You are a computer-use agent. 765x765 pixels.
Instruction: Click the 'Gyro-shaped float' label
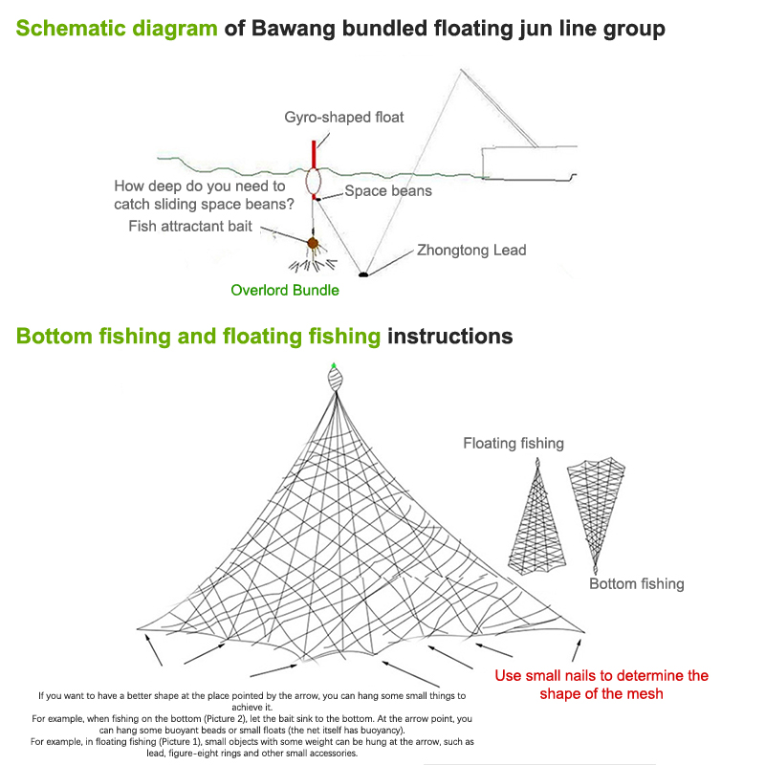(344, 118)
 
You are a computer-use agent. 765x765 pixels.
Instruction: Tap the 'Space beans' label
(387, 191)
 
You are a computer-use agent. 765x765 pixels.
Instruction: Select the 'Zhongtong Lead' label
(471, 251)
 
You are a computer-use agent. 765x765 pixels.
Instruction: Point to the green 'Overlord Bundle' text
(285, 290)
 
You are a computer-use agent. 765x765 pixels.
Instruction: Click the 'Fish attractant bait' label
(190, 227)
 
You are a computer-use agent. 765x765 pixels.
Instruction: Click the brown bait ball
(312, 245)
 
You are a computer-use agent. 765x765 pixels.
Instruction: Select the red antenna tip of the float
(313, 153)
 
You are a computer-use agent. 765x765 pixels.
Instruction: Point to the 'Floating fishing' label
(514, 443)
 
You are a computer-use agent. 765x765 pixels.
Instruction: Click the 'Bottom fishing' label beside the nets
(636, 583)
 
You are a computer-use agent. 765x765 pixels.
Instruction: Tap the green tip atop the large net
(334, 366)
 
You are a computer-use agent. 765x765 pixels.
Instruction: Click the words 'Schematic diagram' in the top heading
(118, 29)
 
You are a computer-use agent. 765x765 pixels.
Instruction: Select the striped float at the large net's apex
(334, 380)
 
